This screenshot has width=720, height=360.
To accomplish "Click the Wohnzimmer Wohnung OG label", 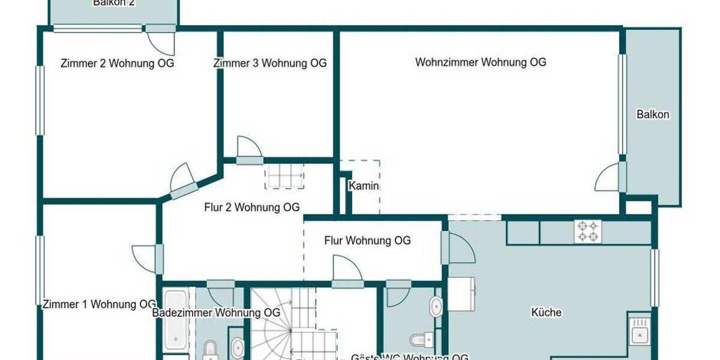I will (x=481, y=62).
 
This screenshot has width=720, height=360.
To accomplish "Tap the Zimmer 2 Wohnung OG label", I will (x=118, y=63).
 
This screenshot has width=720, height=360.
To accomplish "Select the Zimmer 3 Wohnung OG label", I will (x=270, y=63).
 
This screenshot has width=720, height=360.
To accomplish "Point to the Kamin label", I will (x=364, y=186).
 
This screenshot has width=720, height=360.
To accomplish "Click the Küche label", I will (x=546, y=312).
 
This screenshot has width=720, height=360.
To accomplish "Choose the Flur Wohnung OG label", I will (x=367, y=241).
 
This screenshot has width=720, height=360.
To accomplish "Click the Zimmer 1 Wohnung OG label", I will (x=100, y=304).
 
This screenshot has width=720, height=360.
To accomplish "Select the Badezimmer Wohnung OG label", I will (x=216, y=313).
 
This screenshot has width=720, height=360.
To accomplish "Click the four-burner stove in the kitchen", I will (x=588, y=232).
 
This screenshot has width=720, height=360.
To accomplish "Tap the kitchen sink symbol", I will (x=639, y=330).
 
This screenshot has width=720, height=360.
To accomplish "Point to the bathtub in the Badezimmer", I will (x=176, y=321).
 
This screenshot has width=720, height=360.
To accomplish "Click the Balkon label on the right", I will (x=653, y=114).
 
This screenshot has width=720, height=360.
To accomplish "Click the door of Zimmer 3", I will (x=248, y=150).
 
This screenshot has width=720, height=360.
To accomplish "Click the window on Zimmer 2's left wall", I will (x=40, y=100).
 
